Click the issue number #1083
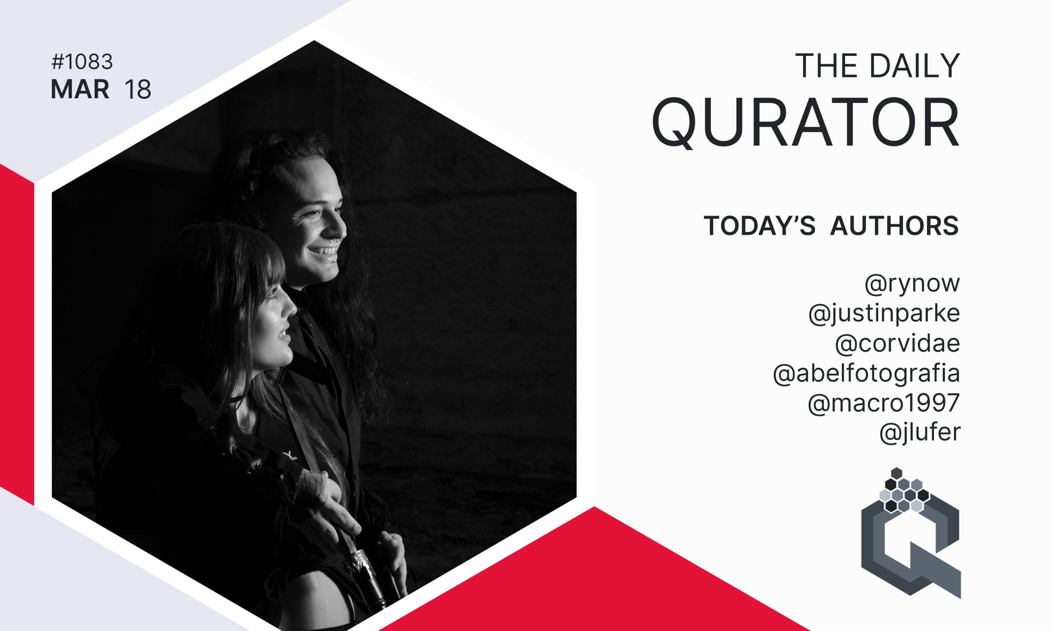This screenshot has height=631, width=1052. click(82, 62)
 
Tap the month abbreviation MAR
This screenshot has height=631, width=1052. click(80, 90)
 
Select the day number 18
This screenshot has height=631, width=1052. click(138, 90)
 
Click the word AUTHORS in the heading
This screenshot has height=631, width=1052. click(895, 225)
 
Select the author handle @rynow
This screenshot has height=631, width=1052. click(912, 284)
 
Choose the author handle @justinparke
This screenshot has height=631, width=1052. click(884, 314)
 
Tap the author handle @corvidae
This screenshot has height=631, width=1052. click(897, 344)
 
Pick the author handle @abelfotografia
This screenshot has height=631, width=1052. click(866, 373)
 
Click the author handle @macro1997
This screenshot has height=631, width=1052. click(884, 403)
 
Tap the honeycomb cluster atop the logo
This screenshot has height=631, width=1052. click(904, 490)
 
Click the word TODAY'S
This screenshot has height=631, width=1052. click(759, 225)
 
